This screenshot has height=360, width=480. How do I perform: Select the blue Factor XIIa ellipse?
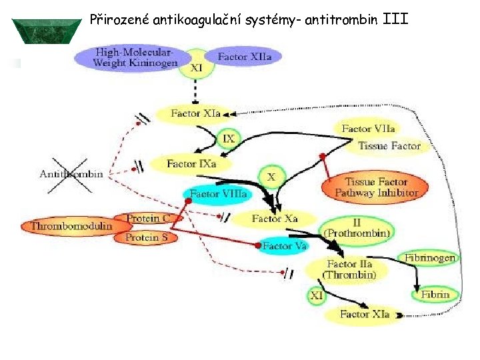244,57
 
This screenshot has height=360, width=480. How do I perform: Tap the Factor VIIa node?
368,129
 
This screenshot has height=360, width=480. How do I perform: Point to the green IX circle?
228,139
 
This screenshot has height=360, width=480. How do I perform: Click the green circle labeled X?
271,177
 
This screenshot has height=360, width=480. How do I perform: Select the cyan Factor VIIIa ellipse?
218,194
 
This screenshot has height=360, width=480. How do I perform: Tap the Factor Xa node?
275,218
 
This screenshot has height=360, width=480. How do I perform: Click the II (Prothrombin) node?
358,229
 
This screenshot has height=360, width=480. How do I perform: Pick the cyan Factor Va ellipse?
284,246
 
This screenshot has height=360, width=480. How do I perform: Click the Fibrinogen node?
430,257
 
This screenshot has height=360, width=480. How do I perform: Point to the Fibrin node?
435,293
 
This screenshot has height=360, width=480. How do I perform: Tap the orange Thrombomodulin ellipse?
71,226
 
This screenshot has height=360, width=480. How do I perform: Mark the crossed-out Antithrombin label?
71,174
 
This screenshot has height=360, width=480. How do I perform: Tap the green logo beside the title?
47,31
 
